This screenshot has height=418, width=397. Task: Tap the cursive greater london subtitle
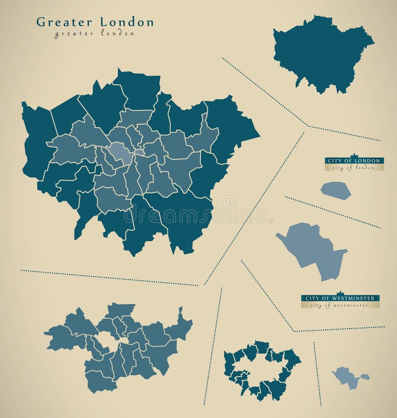point(94,34)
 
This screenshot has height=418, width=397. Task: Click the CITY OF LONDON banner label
point(354,161)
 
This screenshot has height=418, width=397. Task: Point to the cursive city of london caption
point(353,168)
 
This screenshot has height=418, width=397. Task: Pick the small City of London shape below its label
point(335,191)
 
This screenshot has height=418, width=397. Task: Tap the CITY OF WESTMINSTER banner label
point(340,298)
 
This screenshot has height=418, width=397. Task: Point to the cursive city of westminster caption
point(340,305)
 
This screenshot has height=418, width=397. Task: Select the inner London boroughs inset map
point(119,348)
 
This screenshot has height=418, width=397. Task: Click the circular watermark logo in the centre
point(229,202)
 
